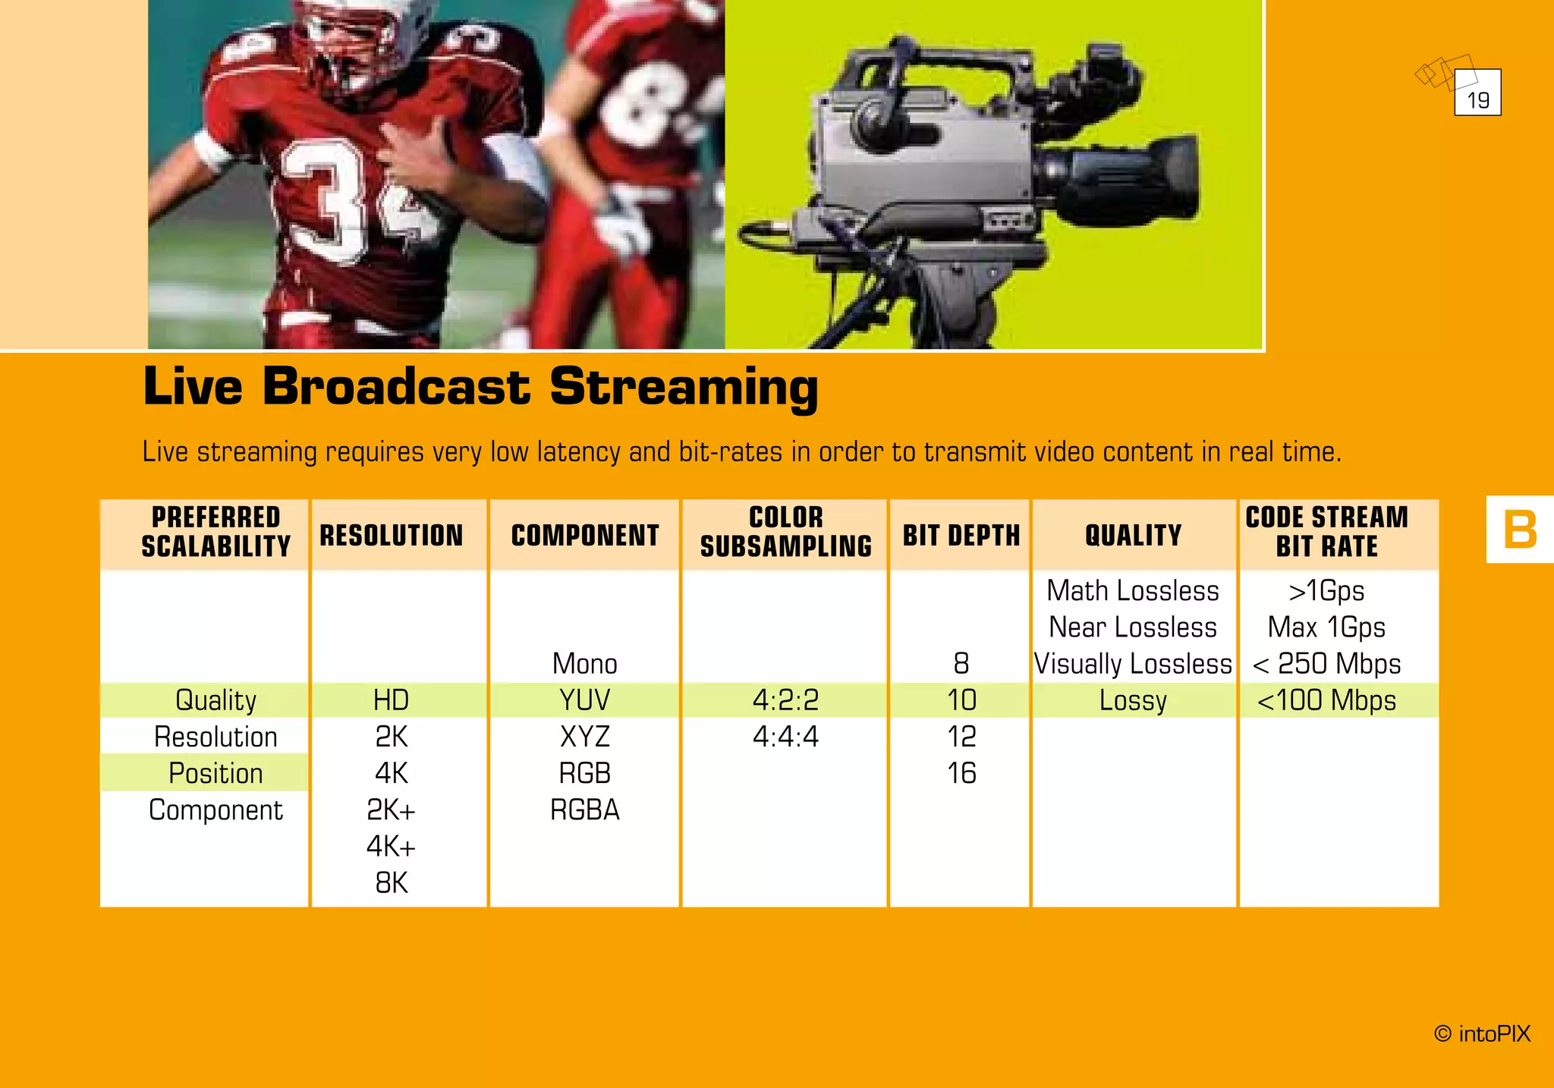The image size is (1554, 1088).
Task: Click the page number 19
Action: click(1477, 99)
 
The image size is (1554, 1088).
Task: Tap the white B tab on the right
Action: click(1520, 529)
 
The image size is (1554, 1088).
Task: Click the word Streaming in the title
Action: click(684, 387)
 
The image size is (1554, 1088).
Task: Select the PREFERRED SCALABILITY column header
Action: click(215, 532)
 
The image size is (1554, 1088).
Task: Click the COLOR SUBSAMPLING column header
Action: click(785, 532)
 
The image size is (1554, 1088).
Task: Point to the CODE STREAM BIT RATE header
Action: click(1326, 532)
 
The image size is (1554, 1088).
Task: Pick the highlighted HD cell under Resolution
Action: click(392, 700)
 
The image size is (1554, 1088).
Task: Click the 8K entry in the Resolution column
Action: click(392, 883)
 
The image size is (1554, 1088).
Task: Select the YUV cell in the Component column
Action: click(584, 700)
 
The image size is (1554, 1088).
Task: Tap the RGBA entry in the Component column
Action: click(584, 810)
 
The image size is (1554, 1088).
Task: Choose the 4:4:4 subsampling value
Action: click(785, 737)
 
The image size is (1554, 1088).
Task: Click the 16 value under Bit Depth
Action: click(961, 773)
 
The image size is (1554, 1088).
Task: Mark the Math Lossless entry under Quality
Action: click(1132, 591)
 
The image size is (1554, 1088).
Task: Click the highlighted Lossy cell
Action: click(1132, 700)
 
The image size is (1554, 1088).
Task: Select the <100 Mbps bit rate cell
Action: click(1326, 700)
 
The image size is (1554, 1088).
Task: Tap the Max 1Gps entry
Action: click(1326, 627)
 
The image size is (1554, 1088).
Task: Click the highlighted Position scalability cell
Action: click(215, 773)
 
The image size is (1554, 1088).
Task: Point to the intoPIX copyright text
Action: click(1483, 1034)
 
